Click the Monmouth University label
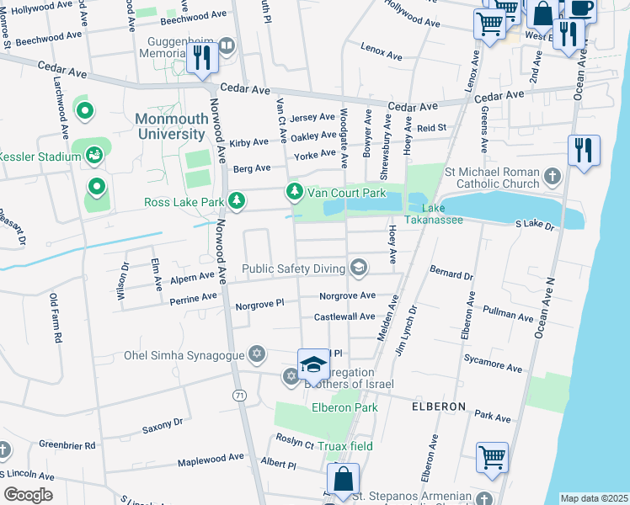pyautogui.click(x=170, y=126)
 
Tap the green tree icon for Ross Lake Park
pyautogui.click(x=238, y=200)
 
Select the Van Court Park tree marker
pyautogui.click(x=294, y=193)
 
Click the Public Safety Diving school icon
pyautogui.click(x=359, y=268)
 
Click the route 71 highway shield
pyautogui.click(x=241, y=396)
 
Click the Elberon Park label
pyautogui.click(x=341, y=408)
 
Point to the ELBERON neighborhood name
pyautogui.click(x=438, y=407)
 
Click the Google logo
pyautogui.click(x=28, y=494)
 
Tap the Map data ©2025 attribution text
pyautogui.click(x=593, y=498)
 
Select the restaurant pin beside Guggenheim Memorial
pyautogui.click(x=201, y=56)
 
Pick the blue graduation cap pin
pyautogui.click(x=313, y=364)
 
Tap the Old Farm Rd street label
pyautogui.click(x=56, y=318)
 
